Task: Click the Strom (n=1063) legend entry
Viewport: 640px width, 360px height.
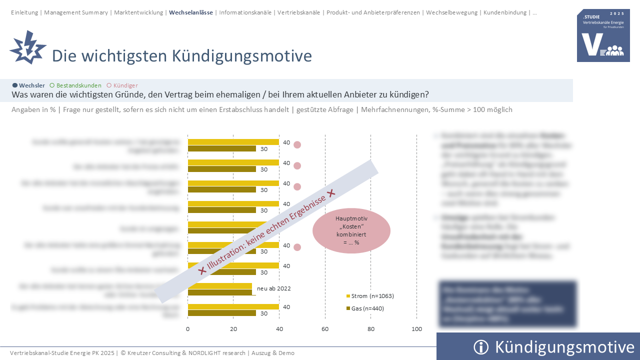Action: [372, 296]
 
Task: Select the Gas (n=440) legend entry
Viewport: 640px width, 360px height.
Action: [367, 308]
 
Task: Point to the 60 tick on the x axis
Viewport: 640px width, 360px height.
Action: [325, 329]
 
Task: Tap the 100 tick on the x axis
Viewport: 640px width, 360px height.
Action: [416, 329]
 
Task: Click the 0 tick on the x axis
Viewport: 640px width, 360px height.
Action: [188, 329]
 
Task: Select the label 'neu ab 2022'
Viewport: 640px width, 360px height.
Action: [273, 288]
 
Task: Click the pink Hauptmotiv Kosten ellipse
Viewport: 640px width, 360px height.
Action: [351, 230]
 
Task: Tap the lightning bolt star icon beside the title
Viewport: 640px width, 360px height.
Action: [27, 47]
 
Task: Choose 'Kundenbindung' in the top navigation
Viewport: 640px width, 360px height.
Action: [505, 12]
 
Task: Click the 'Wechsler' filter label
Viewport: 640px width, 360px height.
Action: [31, 85]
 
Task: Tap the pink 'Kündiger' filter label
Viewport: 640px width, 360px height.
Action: [125, 85]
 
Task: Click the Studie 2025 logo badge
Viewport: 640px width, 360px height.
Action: [603, 35]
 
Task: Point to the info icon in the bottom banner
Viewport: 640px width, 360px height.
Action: [480, 347]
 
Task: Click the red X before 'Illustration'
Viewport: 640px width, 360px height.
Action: [202, 270]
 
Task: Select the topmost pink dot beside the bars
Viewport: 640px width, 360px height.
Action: [297, 145]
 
